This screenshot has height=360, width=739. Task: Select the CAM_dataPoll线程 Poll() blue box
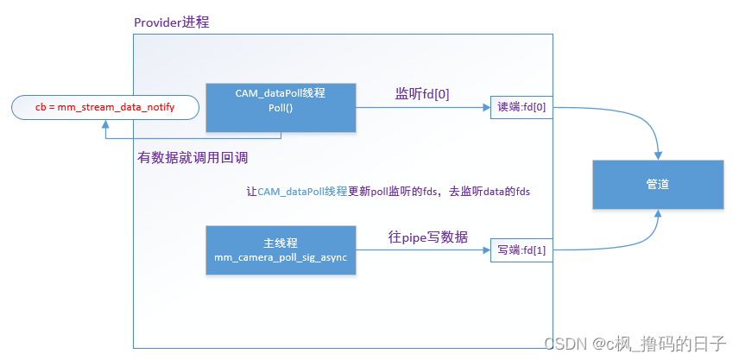click(281, 108)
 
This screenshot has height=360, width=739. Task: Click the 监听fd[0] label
click(422, 93)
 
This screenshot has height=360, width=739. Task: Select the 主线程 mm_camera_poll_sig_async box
click(281, 250)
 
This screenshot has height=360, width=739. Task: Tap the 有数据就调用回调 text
click(193, 158)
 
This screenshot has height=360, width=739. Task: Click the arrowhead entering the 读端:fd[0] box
click(486, 108)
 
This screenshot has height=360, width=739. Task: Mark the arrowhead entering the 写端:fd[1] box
click(486, 250)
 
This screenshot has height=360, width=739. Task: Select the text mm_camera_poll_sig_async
click(281, 257)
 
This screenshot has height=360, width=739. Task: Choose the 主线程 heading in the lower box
click(281, 243)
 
